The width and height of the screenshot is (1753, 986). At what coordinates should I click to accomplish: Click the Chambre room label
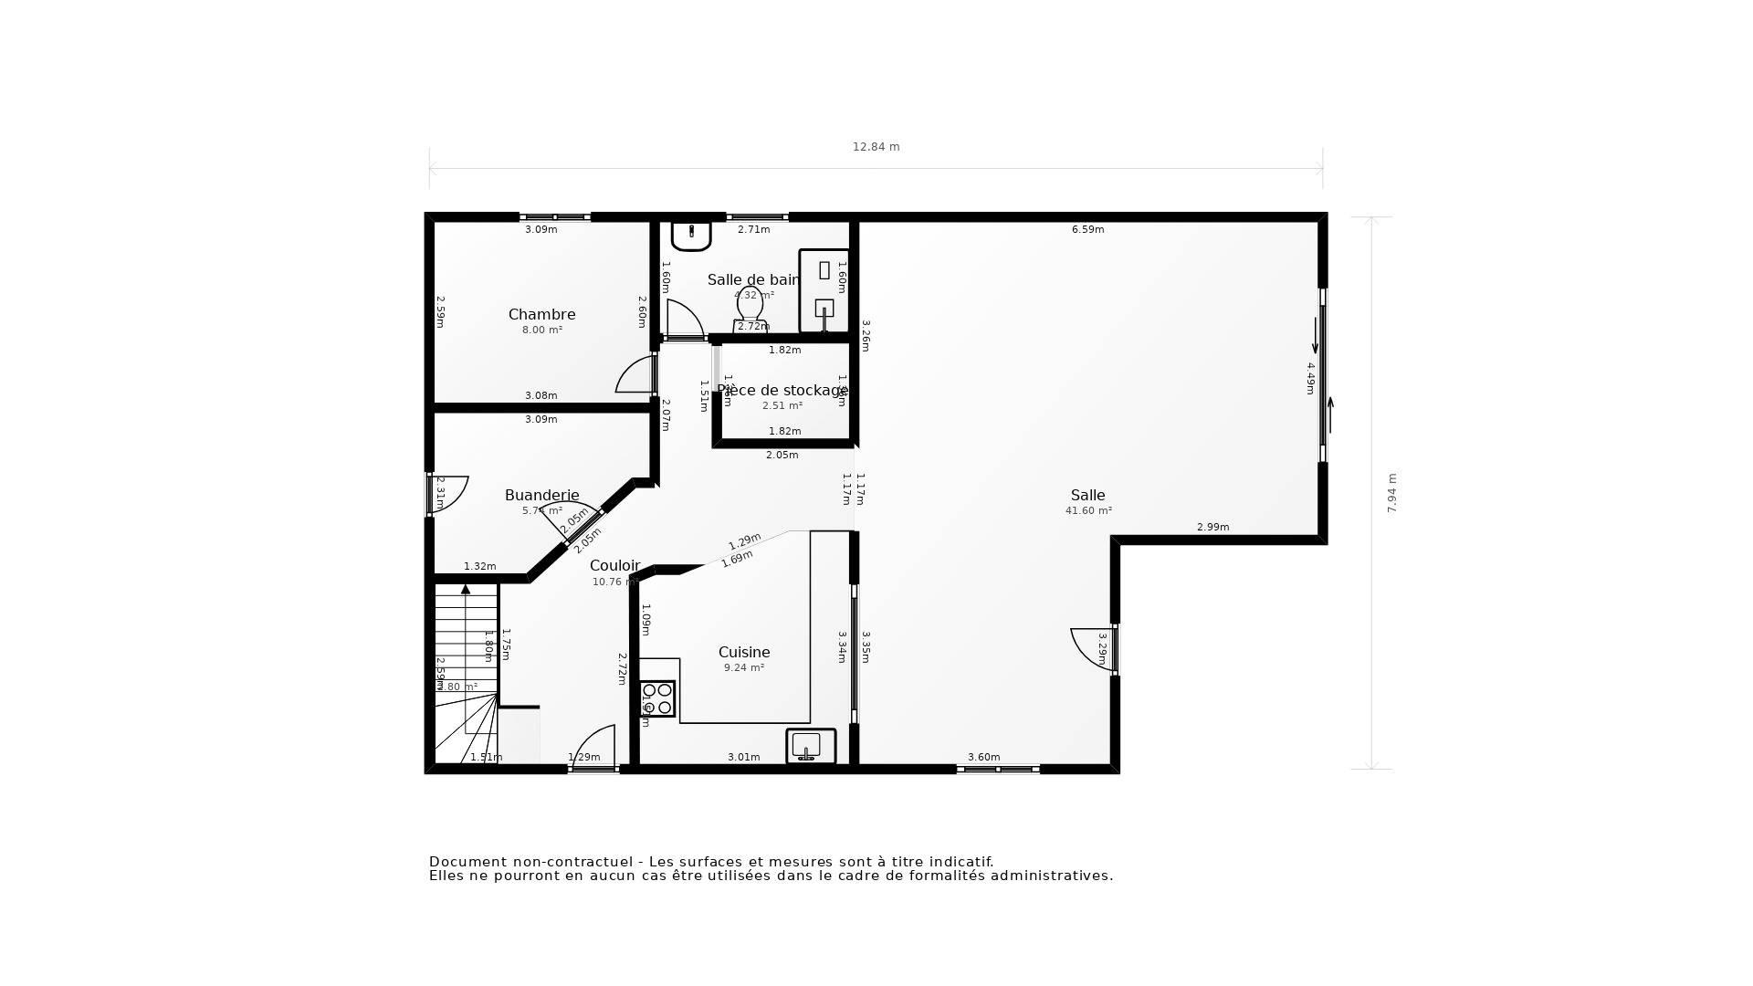(x=541, y=315)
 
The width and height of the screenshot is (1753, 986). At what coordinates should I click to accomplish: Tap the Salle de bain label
(x=753, y=280)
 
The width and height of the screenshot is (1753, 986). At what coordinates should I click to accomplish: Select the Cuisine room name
(x=744, y=653)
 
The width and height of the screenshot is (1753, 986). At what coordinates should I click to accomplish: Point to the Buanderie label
(x=541, y=496)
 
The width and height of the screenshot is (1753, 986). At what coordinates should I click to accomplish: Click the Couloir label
(x=614, y=566)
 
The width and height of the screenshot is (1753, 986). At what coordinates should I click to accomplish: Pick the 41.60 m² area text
(x=1088, y=511)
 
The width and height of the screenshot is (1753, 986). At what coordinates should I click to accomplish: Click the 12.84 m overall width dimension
(x=876, y=147)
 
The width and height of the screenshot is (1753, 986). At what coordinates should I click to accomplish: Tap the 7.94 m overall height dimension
(x=1392, y=493)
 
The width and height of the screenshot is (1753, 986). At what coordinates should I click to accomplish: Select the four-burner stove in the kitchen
(x=656, y=698)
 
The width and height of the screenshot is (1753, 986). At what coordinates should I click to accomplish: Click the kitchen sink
(x=810, y=745)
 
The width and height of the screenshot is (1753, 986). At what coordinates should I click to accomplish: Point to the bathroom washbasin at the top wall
(x=691, y=235)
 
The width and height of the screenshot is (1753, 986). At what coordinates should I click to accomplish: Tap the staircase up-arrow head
(x=466, y=590)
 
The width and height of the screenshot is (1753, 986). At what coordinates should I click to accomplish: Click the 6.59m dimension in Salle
(x=1087, y=230)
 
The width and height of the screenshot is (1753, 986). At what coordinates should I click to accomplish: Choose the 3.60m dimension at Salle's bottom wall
(x=983, y=757)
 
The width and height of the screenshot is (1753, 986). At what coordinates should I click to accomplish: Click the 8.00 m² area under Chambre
(x=541, y=330)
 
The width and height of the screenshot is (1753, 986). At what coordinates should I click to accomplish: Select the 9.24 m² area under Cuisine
(x=744, y=668)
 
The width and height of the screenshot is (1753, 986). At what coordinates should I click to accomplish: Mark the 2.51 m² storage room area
(x=782, y=406)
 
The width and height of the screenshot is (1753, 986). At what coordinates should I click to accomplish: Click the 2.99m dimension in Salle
(x=1212, y=528)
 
